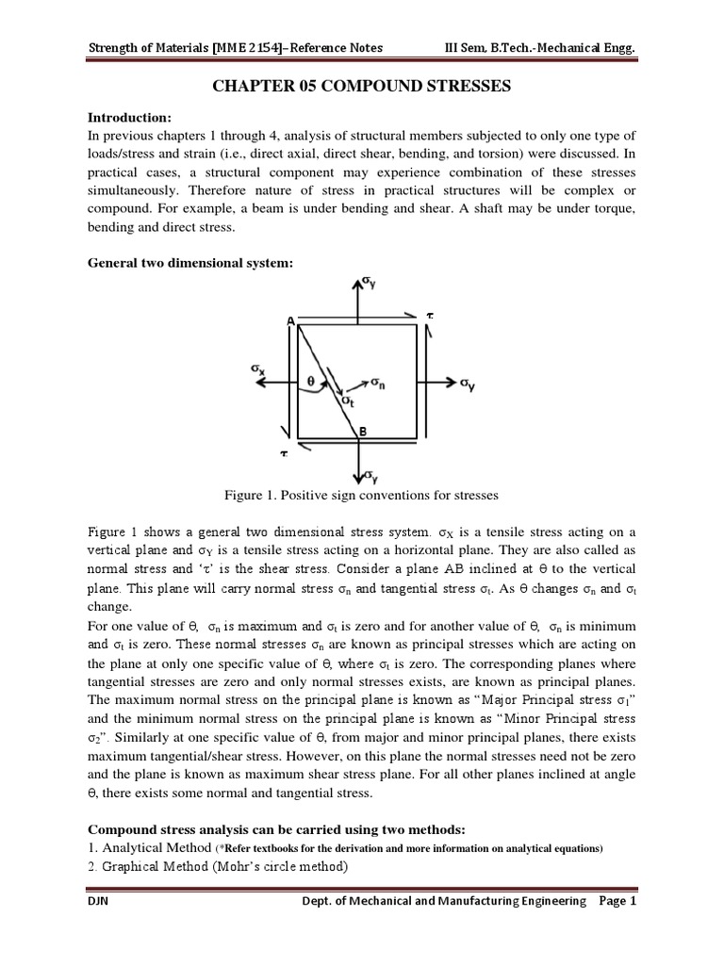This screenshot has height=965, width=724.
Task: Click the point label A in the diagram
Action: (x=291, y=322)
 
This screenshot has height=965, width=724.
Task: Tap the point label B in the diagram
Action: (x=361, y=432)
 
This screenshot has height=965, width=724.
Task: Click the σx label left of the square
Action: (x=257, y=370)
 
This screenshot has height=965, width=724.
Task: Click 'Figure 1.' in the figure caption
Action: (x=249, y=495)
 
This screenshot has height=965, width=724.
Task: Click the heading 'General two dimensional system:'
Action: (x=190, y=263)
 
